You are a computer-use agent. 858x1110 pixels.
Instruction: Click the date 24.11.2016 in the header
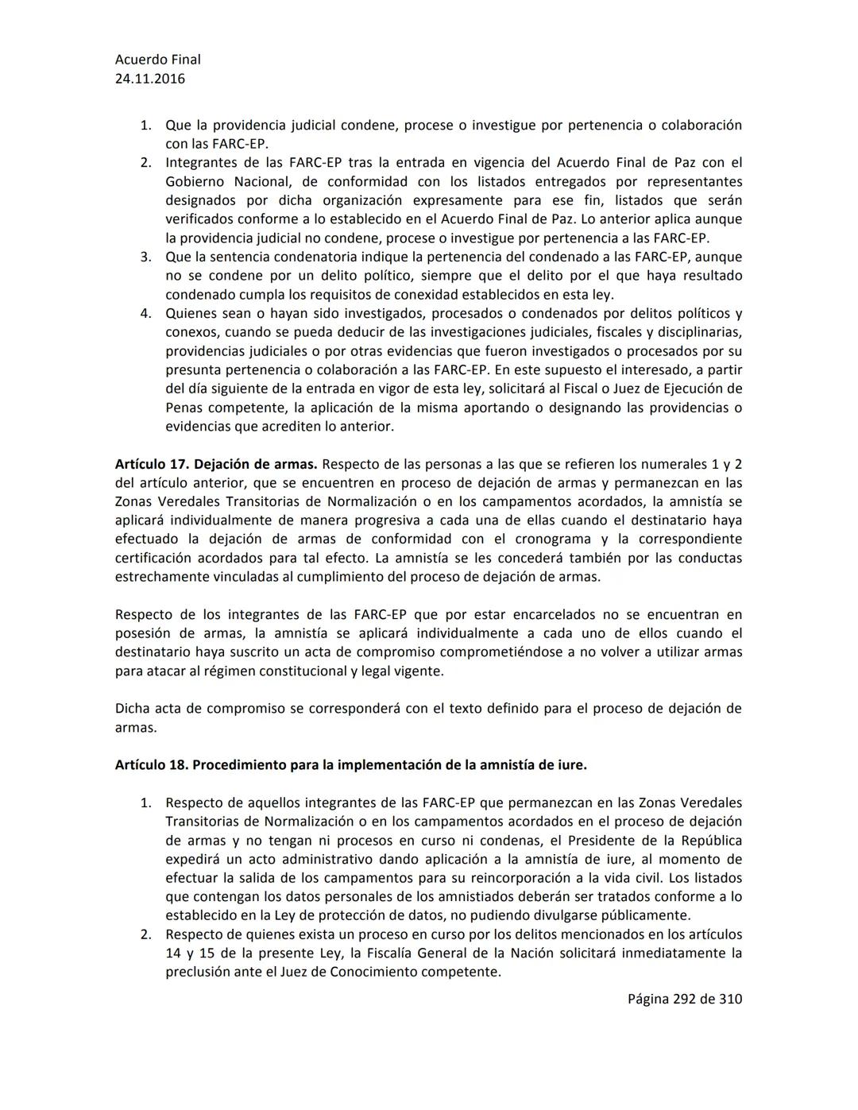click(x=150, y=79)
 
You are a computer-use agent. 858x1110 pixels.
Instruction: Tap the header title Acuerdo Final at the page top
click(x=157, y=60)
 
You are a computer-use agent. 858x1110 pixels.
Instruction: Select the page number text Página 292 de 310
click(x=685, y=999)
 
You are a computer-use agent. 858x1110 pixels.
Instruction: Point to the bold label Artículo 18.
click(x=151, y=765)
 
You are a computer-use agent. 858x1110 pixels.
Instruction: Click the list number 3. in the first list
click(x=146, y=257)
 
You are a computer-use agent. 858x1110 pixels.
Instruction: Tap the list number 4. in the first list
click(x=146, y=313)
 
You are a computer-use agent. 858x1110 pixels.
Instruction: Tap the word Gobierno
click(x=193, y=182)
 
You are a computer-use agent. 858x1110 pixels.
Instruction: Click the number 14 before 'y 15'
click(x=173, y=953)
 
